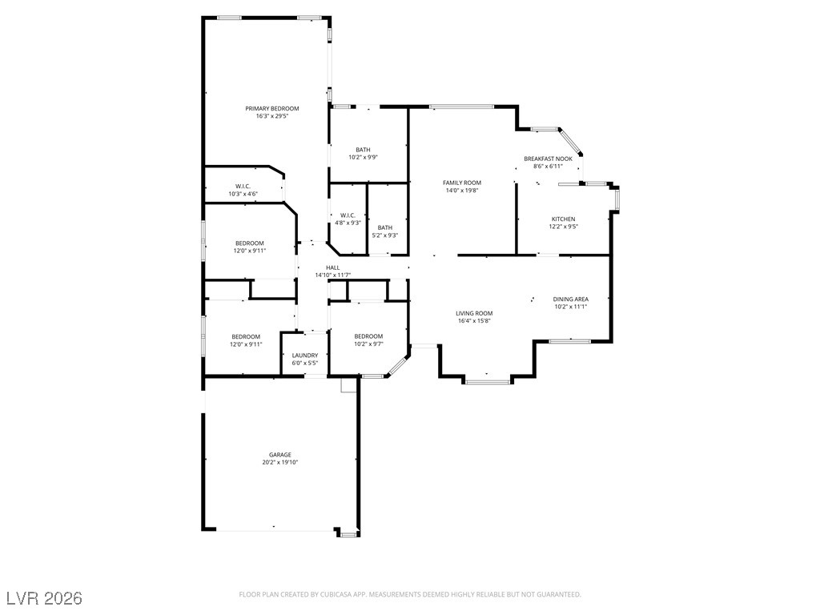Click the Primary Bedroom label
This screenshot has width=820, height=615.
pyautogui.click(x=272, y=108)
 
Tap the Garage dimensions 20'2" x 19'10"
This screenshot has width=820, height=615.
pyautogui.click(x=279, y=462)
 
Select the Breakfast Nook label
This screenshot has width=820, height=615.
pyautogui.click(x=549, y=159)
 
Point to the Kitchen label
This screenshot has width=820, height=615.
pyautogui.click(x=563, y=219)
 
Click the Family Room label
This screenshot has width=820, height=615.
pyautogui.click(x=462, y=183)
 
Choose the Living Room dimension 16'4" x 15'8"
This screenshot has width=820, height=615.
pyautogui.click(x=473, y=321)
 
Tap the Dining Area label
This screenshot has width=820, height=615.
pyautogui.click(x=571, y=299)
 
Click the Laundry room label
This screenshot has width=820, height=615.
pyautogui.click(x=305, y=355)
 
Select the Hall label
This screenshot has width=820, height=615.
pyautogui.click(x=333, y=267)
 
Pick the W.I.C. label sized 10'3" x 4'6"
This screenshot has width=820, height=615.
pyautogui.click(x=243, y=186)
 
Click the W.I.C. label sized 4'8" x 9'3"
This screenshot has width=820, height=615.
pyautogui.click(x=348, y=215)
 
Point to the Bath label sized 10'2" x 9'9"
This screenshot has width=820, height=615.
pyautogui.click(x=363, y=149)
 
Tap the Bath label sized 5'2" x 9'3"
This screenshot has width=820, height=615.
pyautogui.click(x=385, y=227)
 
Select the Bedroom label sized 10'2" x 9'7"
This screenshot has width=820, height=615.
pyautogui.click(x=368, y=336)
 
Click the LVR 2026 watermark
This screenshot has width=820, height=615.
pyautogui.click(x=44, y=598)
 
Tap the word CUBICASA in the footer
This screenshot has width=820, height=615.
pyautogui.click(x=331, y=594)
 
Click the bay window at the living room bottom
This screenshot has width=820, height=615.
pyautogui.click(x=487, y=381)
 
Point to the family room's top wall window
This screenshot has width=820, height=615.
pyautogui.click(x=461, y=107)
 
